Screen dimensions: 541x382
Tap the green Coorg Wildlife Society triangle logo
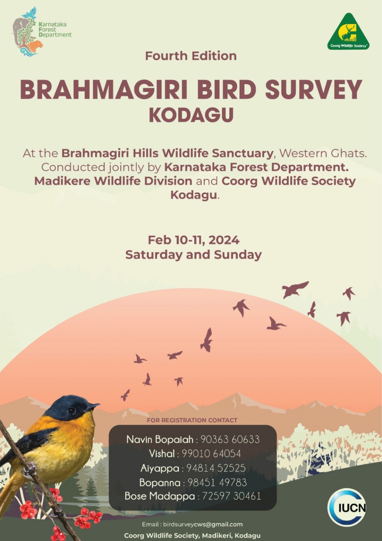(348, 32)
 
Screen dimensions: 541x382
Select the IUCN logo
(347, 508)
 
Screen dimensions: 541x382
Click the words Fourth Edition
(191, 56)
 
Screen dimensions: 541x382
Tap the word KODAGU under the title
(191, 115)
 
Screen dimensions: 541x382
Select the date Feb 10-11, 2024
(193, 240)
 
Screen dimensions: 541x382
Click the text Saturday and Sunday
(193, 255)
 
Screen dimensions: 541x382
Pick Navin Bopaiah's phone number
(230, 440)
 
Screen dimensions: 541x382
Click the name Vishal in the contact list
(161, 454)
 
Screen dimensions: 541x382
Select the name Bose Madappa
(159, 496)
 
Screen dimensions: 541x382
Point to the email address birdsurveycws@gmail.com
(203, 524)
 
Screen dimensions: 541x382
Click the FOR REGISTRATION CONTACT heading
(192, 420)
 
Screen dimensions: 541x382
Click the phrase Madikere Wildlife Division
(113, 181)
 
